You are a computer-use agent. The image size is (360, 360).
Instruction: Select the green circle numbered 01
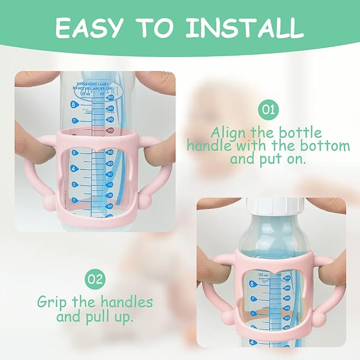[268, 110]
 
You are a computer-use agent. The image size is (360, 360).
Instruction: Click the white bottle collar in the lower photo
[272, 206]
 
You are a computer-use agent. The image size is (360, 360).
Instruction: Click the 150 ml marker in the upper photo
[110, 153]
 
